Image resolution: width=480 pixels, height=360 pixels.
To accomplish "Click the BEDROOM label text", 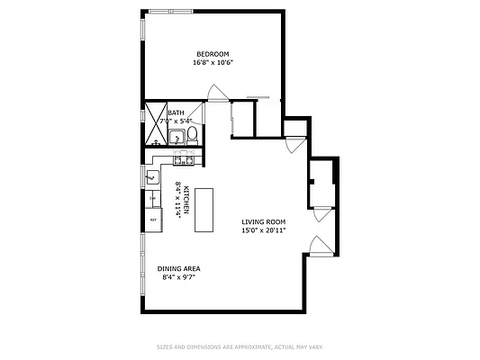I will pos(213,53).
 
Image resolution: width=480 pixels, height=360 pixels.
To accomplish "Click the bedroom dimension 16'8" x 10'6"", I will pos(213,63).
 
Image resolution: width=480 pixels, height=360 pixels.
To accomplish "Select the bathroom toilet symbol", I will pos(192,138).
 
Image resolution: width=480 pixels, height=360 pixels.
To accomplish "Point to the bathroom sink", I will pos(175,138).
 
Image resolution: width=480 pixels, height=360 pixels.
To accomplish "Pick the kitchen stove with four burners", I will pos(183,160).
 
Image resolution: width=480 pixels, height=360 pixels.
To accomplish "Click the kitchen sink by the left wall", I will pos(153,176).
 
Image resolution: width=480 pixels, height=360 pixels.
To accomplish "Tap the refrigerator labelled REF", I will pos(153,219).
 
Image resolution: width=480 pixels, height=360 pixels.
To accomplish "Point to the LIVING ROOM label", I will pos(263,221).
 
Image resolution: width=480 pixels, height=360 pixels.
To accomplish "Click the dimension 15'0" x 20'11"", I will pos(263,230).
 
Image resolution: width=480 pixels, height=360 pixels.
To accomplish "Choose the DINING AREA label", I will pos(178,268).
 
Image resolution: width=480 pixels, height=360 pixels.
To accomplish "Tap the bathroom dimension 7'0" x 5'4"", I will pos(177,121).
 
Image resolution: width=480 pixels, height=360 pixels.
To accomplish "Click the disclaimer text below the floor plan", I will pos(240,346).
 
